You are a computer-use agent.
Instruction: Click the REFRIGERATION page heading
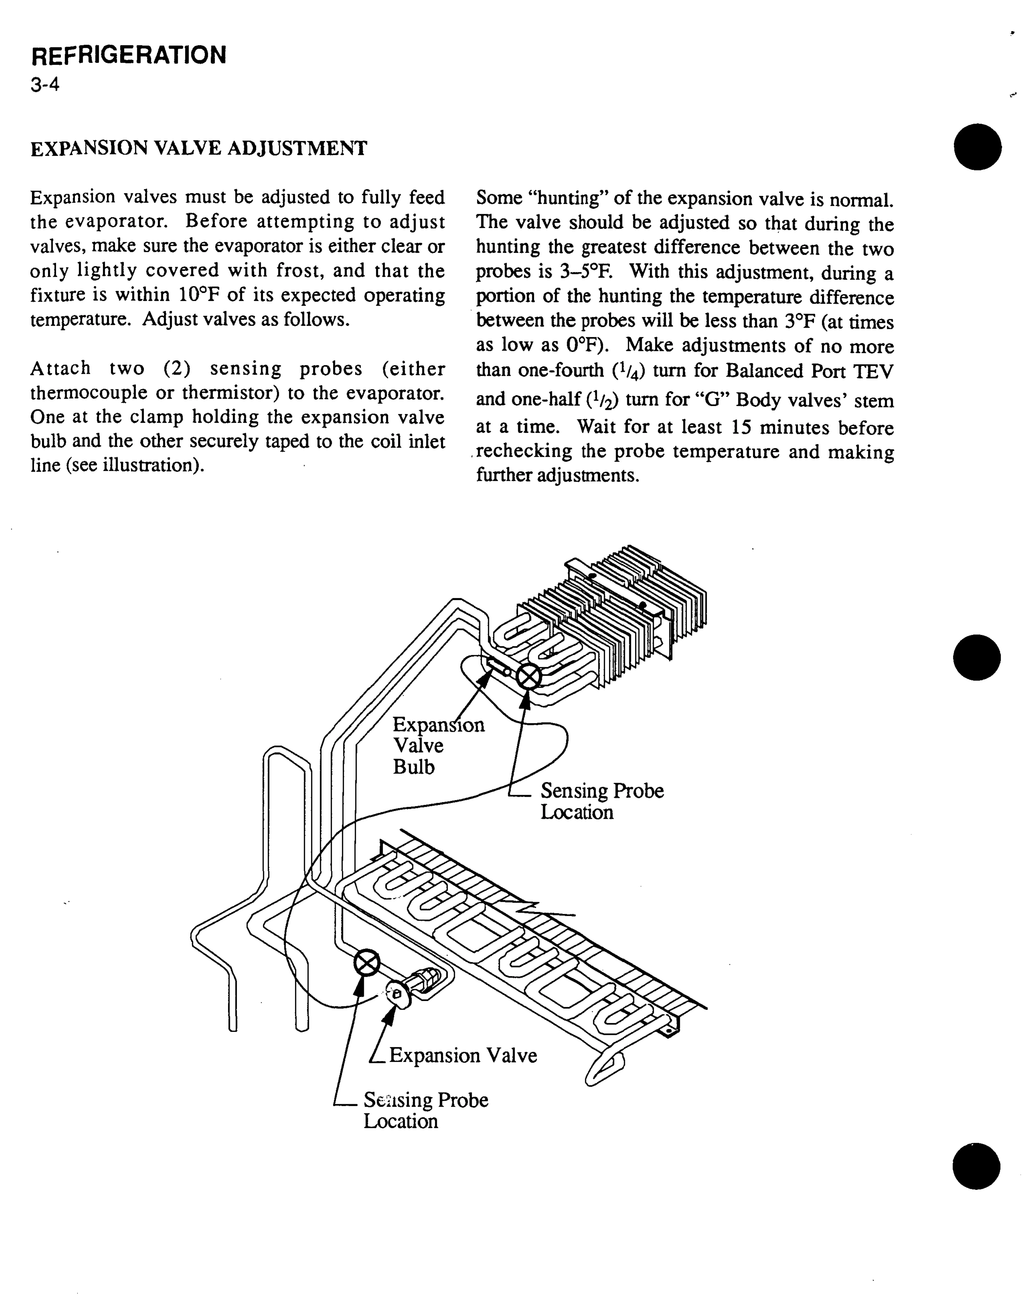point(129,55)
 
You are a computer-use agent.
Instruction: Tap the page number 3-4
point(45,85)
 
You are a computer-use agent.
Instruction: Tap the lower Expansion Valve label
point(463,1055)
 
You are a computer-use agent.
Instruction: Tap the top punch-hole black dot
point(977,147)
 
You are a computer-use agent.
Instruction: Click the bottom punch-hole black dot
point(976,1166)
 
